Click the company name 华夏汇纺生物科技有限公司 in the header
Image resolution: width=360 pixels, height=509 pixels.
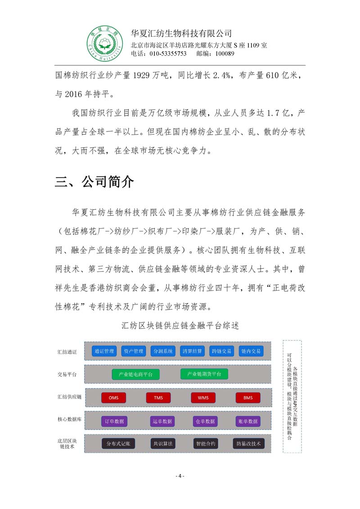pyautogui.click(x=181, y=33)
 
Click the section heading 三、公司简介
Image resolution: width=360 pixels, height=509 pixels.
pyautogui.click(x=94, y=182)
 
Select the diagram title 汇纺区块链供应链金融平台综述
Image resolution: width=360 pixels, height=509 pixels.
pyautogui.click(x=180, y=327)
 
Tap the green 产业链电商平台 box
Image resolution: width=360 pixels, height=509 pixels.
pyautogui.click(x=135, y=374)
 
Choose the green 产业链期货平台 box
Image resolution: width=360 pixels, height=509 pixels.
pyautogui.click(x=204, y=374)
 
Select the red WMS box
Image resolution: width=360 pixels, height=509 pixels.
pyautogui.click(x=203, y=398)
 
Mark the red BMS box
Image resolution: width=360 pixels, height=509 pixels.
pyautogui.click(x=248, y=398)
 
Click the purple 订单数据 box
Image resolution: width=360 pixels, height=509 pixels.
pyautogui.click(x=114, y=421)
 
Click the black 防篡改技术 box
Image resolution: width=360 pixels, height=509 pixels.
pyautogui.click(x=248, y=443)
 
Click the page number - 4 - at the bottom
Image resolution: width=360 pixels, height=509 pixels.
pyautogui.click(x=180, y=476)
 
